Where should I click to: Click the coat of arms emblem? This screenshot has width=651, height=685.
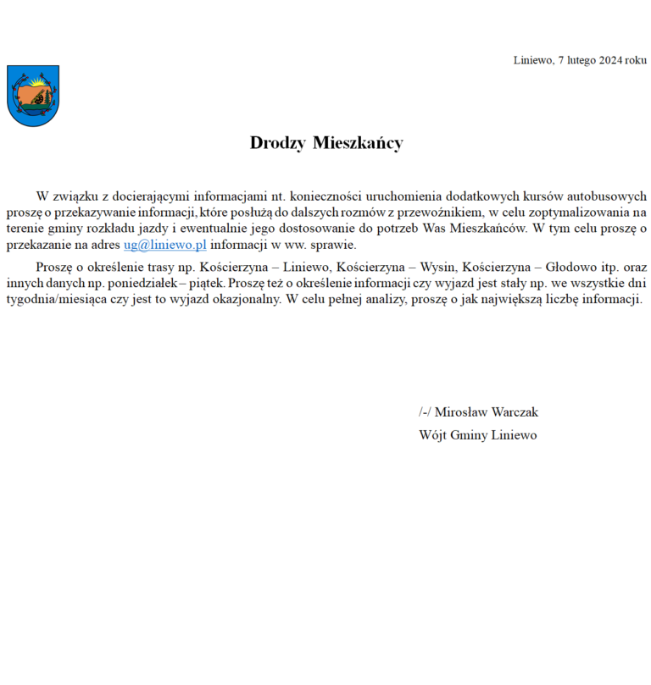pyautogui.click(x=33, y=96)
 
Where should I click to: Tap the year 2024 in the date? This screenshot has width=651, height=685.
pyautogui.click(x=611, y=60)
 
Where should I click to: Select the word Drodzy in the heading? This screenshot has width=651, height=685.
pyautogui.click(x=277, y=143)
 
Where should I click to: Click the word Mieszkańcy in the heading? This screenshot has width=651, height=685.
pyautogui.click(x=358, y=143)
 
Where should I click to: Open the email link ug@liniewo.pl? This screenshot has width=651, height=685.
pyautogui.click(x=165, y=245)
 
